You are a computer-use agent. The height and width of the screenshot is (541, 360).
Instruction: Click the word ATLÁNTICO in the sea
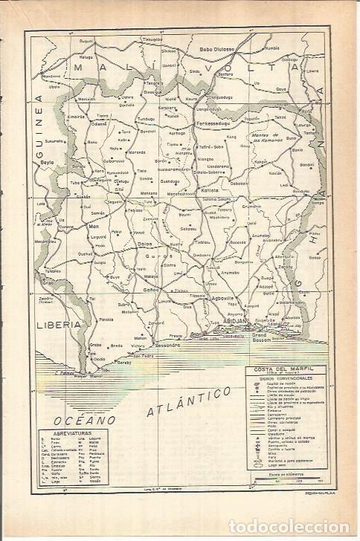coord(186,400)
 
